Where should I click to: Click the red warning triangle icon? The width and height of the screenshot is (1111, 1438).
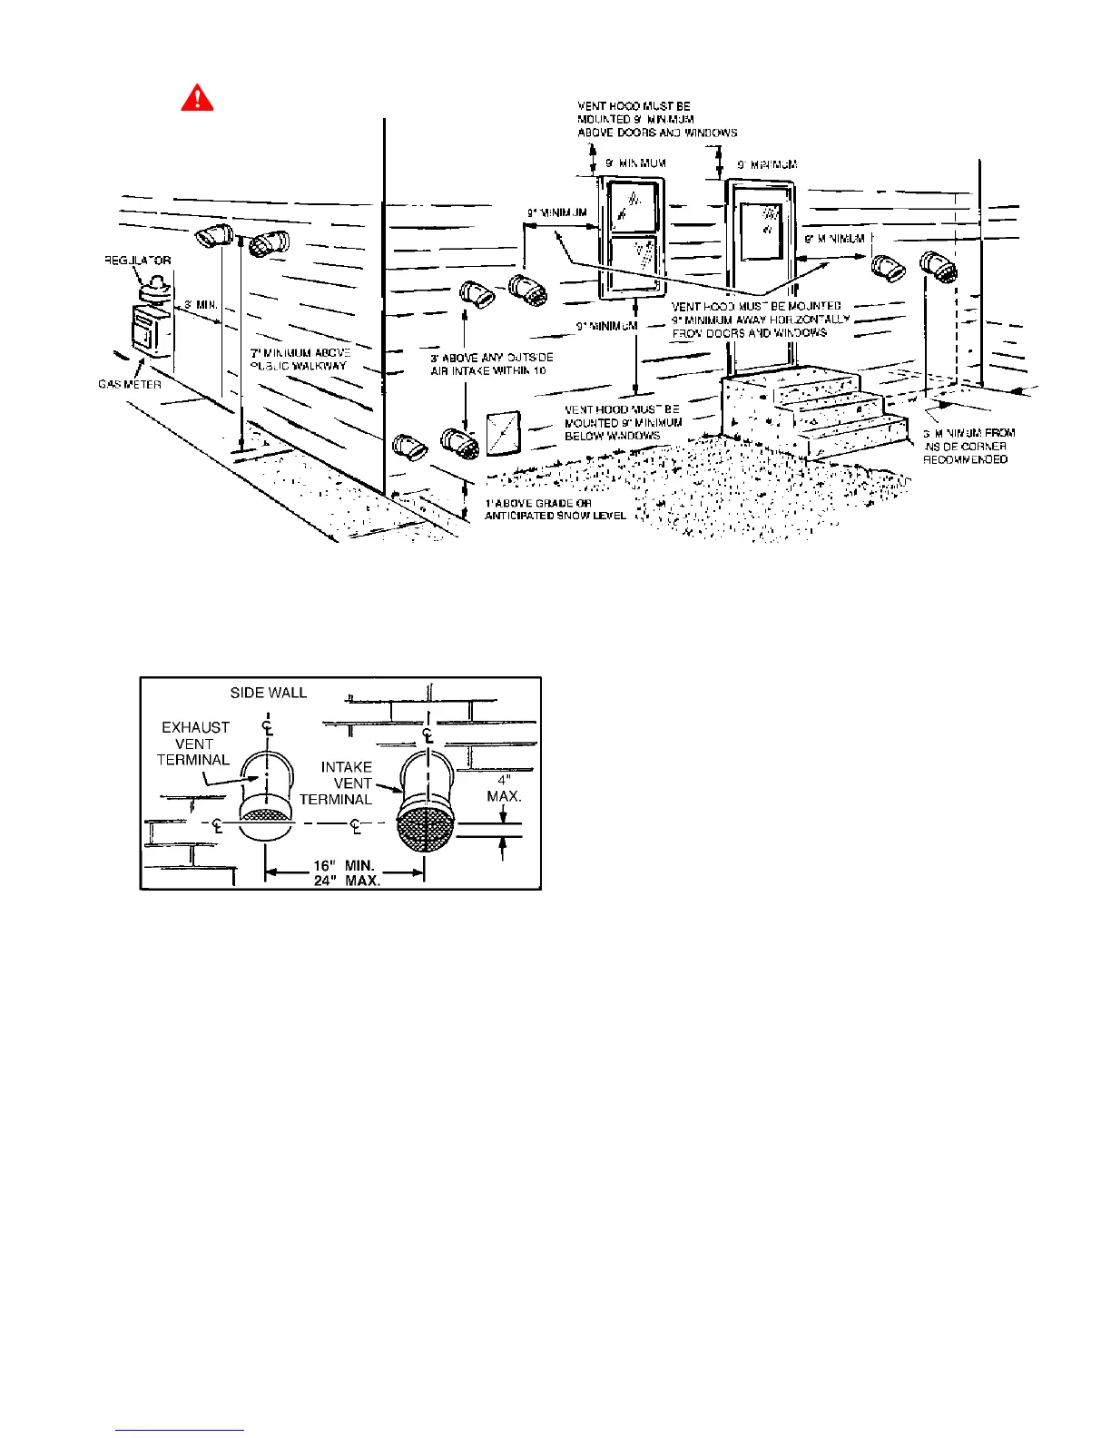[x=197, y=97]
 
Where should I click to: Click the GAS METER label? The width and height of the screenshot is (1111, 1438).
[x=130, y=384]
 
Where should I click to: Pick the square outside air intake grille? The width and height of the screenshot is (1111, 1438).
[x=503, y=433]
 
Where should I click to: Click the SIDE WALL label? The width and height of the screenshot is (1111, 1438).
[x=269, y=693]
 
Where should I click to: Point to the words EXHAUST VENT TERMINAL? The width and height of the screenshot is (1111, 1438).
[x=194, y=744]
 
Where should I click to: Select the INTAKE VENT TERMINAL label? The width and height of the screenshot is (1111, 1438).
[x=346, y=783]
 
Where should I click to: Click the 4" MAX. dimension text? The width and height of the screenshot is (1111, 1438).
[x=504, y=788]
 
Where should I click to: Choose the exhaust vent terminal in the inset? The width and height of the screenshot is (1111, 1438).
[x=266, y=790]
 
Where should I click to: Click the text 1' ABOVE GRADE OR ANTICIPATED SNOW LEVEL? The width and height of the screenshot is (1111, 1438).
[x=555, y=509]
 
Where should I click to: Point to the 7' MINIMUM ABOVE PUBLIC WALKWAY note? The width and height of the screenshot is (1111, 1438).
[x=300, y=359]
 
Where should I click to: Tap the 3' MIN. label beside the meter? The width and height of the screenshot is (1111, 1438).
[x=200, y=305]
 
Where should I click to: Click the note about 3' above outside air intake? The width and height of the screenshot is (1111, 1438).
[x=491, y=364]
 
